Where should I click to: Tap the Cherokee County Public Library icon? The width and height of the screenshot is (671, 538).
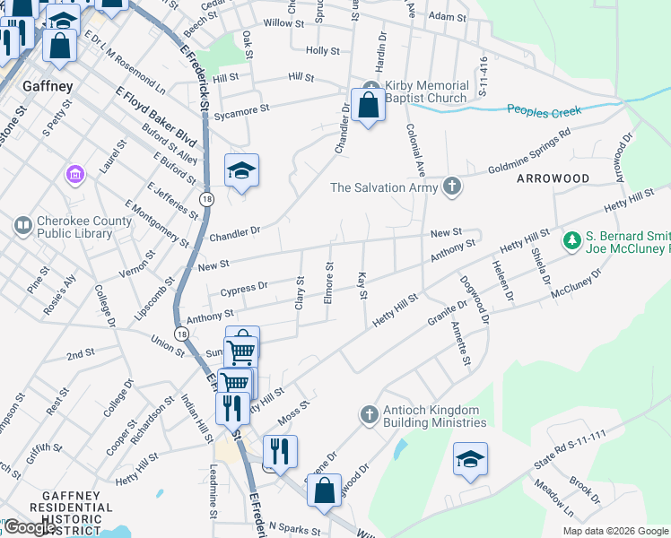click(22, 222)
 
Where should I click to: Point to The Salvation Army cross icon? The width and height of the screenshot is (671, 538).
click(453, 187)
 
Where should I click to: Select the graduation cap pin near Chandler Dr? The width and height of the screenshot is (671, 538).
click(240, 170)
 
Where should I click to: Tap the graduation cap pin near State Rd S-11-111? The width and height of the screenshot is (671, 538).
click(470, 460)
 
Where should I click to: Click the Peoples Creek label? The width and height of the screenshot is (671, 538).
click(545, 111)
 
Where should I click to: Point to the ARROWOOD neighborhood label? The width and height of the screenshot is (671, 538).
click(553, 178)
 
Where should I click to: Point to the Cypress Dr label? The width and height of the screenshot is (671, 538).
click(238, 289)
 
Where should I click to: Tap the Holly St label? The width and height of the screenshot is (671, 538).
click(322, 51)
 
